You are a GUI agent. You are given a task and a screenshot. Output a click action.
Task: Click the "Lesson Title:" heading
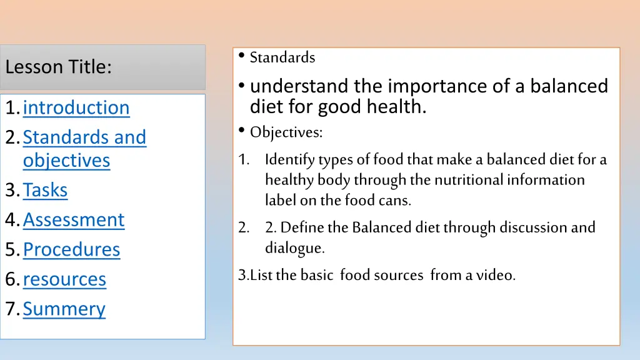(58, 67)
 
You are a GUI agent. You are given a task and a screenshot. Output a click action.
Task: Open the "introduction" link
(76, 107)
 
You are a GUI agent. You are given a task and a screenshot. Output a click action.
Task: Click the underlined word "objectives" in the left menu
(66, 161)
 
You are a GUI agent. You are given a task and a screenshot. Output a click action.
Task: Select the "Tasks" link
(45, 190)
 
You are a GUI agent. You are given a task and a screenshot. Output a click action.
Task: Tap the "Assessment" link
(74, 220)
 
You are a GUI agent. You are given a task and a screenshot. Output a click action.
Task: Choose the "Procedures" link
(71, 249)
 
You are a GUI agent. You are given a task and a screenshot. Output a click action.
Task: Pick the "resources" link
(64, 279)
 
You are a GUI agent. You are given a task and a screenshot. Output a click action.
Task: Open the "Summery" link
(64, 309)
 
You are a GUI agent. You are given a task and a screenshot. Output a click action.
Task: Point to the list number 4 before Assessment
(11, 220)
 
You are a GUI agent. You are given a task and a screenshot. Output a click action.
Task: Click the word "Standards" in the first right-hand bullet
(282, 58)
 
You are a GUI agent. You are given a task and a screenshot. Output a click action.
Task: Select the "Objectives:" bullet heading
(286, 132)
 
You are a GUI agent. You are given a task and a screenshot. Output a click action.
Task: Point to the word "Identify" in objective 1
(290, 160)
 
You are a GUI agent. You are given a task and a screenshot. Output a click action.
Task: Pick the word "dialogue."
(295, 248)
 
